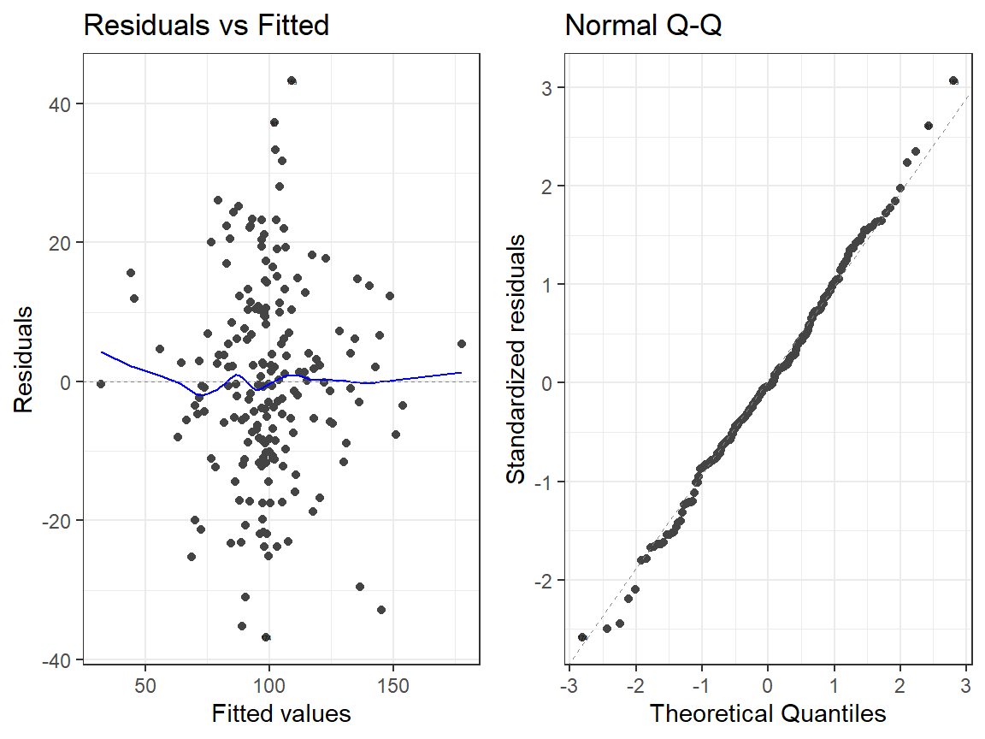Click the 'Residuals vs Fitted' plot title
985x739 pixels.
(x=206, y=26)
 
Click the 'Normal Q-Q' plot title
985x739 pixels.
(x=643, y=26)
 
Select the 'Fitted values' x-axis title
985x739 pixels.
(x=280, y=713)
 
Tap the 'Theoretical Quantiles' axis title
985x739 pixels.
(x=768, y=713)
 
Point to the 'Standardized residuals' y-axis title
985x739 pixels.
(x=516, y=359)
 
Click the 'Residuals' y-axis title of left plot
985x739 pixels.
(x=23, y=359)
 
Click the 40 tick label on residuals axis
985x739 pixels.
(x=60, y=104)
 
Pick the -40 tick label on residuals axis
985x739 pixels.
(x=56, y=660)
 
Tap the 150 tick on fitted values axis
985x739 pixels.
(x=393, y=685)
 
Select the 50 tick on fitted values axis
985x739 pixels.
(x=145, y=685)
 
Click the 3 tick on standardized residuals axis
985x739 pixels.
(x=546, y=88)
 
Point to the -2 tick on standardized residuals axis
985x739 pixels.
(x=543, y=581)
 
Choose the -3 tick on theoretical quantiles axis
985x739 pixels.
(x=569, y=685)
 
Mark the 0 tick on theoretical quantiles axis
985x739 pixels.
(x=768, y=685)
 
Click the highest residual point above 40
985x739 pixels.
(x=292, y=80)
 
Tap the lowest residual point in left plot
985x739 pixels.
(x=266, y=637)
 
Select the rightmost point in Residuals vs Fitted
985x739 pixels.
(x=462, y=344)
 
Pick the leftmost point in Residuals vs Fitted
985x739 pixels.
(x=101, y=384)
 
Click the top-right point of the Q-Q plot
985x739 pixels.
(x=953, y=80)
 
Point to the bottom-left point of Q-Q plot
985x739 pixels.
(x=582, y=637)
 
